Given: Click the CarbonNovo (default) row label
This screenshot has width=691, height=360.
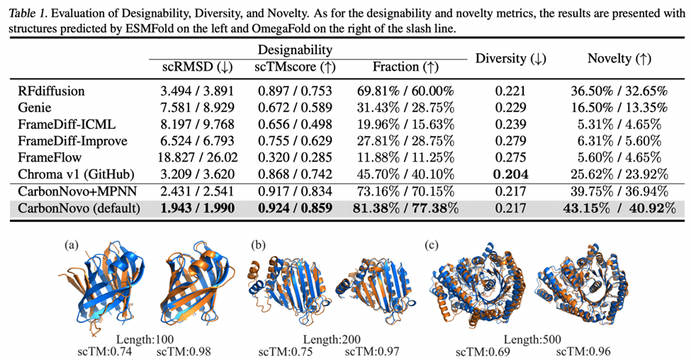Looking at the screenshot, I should tap(77, 207).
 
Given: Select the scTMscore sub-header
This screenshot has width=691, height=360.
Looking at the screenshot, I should tap(292, 67).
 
